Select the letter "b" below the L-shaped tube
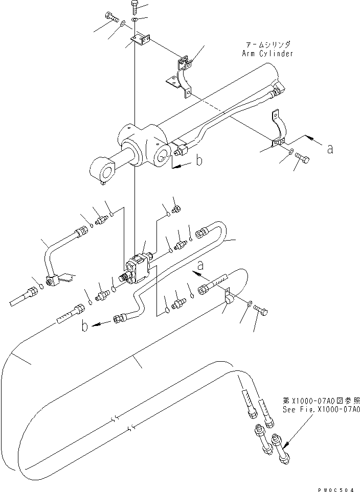click(85, 326)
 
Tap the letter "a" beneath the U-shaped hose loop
click(200, 265)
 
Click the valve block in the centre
click(139, 268)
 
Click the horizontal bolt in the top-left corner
click(112, 17)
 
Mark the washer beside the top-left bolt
click(124, 23)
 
